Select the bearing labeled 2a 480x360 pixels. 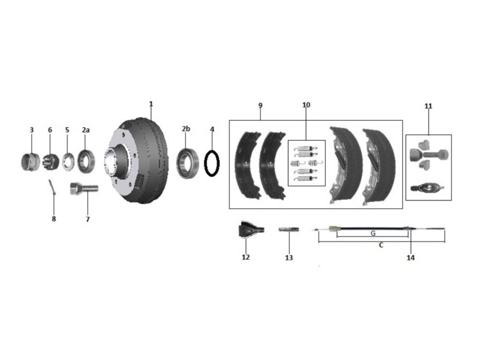tap(86, 161)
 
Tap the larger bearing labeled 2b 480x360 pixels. tap(187, 163)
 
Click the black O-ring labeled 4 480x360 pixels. tap(212, 163)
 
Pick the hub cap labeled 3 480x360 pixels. tap(30, 162)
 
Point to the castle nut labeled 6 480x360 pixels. tap(50, 162)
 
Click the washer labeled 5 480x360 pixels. tap(67, 161)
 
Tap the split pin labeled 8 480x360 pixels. tap(52, 188)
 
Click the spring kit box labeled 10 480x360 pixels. tap(307, 163)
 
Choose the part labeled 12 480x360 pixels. tap(251, 230)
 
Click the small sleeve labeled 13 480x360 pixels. tap(289, 229)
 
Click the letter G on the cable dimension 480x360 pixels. tap(373, 233)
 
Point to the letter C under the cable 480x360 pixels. tap(381, 245)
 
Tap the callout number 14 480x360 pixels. tap(411, 258)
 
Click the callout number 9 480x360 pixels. tap(260, 105)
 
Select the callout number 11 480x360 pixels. tap(428, 106)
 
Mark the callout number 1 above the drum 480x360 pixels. tap(151, 104)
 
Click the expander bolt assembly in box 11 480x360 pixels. tap(429, 155)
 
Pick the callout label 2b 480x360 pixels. tap(186, 129)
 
